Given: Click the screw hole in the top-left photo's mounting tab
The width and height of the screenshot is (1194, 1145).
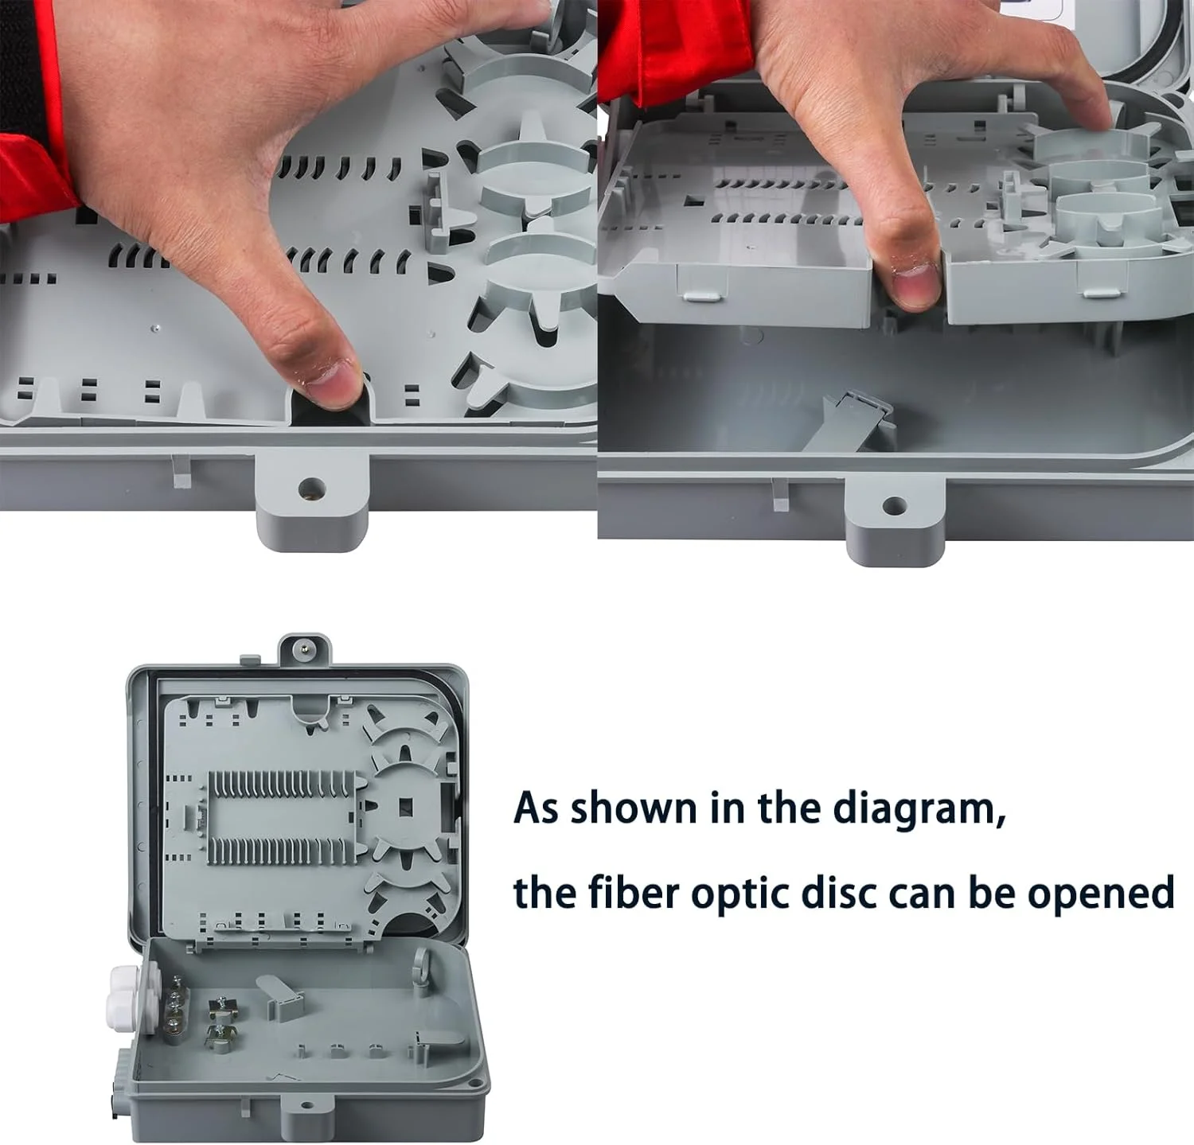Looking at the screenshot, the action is click(x=311, y=486).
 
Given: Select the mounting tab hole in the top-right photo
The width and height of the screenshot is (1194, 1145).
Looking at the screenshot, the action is click(x=894, y=504).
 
